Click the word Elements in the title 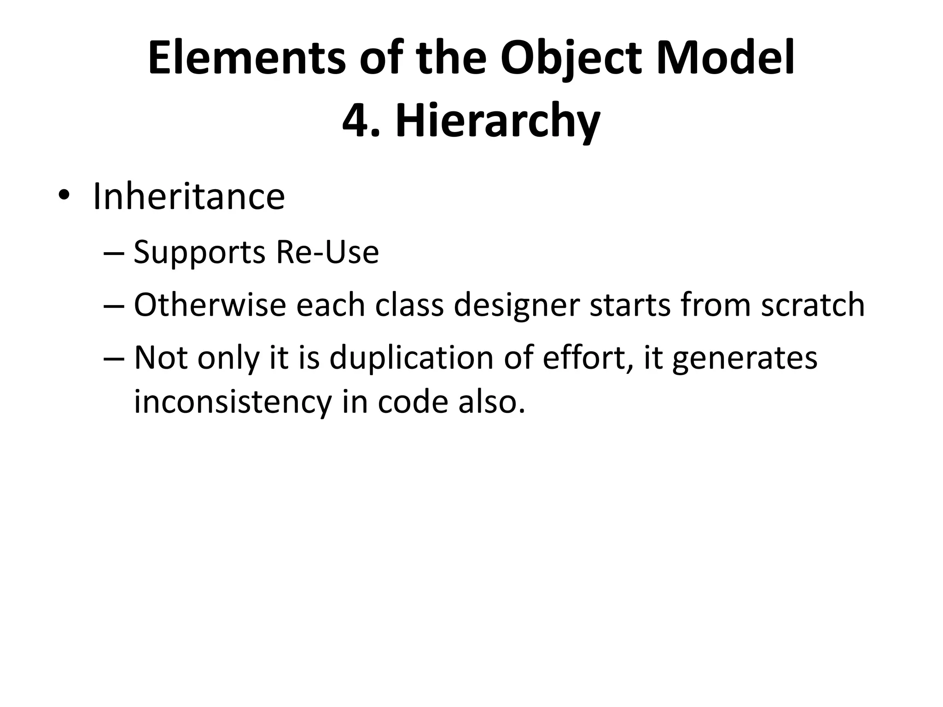246,59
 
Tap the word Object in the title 571,59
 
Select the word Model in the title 726,59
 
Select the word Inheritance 189,197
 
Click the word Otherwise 210,305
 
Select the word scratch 813,305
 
